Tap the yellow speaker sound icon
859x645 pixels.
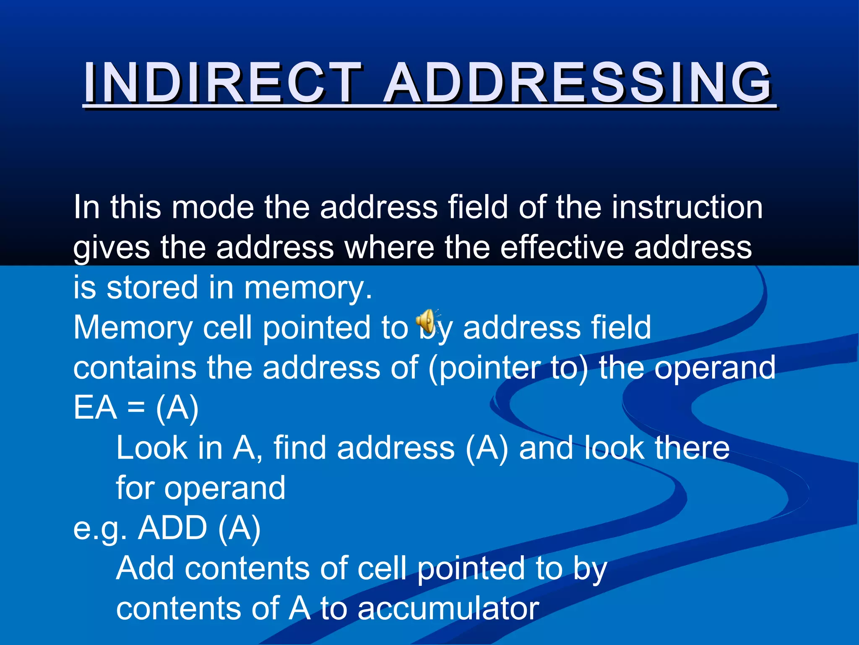pyautogui.click(x=426, y=323)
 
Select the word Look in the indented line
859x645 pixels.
pyautogui.click(x=151, y=448)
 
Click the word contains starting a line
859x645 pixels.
pyautogui.click(x=135, y=368)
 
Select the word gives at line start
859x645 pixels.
pyautogui.click(x=112, y=248)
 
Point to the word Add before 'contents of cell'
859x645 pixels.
pyautogui.click(x=145, y=568)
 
